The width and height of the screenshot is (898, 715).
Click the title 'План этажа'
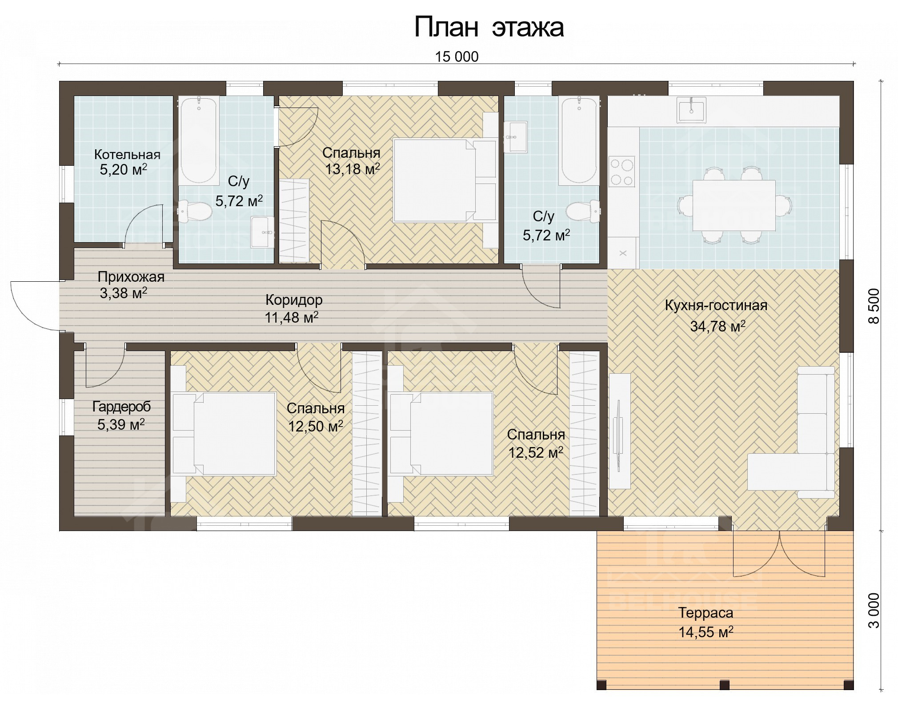click(x=489, y=28)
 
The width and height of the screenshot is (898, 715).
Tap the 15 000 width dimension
click(x=457, y=57)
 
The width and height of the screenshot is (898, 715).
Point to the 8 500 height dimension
click(x=874, y=306)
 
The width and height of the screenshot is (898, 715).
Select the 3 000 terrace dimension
click(x=874, y=610)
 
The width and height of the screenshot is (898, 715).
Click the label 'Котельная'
click(x=127, y=155)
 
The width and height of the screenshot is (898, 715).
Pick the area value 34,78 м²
click(x=718, y=326)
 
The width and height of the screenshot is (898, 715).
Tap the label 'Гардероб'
click(x=121, y=406)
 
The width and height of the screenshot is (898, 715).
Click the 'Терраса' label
click(x=706, y=613)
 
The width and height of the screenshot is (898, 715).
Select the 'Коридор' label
click(x=294, y=300)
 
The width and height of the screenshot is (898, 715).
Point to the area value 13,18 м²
click(x=353, y=169)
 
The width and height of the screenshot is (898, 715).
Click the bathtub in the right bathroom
click(x=580, y=140)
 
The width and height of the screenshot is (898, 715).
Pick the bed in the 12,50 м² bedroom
click(x=224, y=434)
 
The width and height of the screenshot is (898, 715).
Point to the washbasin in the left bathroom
click(x=262, y=232)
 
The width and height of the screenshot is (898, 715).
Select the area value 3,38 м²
click(x=124, y=293)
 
